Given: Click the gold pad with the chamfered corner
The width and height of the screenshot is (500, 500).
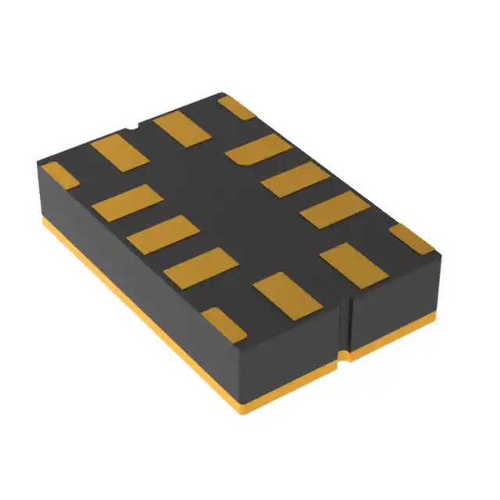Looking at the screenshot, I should [259, 149].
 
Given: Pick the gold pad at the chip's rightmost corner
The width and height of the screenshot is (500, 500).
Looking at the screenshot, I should [412, 237].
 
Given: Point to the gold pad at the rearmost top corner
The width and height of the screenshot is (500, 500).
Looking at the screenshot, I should [237, 107].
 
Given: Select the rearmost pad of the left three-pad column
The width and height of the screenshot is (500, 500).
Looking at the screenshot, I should [127, 202].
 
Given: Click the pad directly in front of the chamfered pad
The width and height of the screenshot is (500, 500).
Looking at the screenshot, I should [295, 180].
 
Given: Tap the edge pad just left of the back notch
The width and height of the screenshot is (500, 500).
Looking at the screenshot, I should [120, 151].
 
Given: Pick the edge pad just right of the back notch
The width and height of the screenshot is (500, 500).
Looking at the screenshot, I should [183, 129].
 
